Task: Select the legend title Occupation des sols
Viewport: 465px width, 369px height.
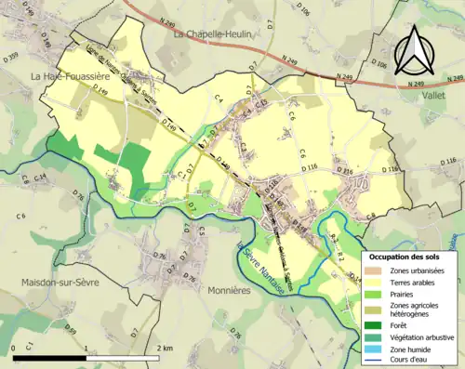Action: (x=405, y=256)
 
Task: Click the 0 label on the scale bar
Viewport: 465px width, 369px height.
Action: (x=15, y=348)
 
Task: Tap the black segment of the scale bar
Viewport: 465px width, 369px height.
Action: (x=50, y=358)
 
